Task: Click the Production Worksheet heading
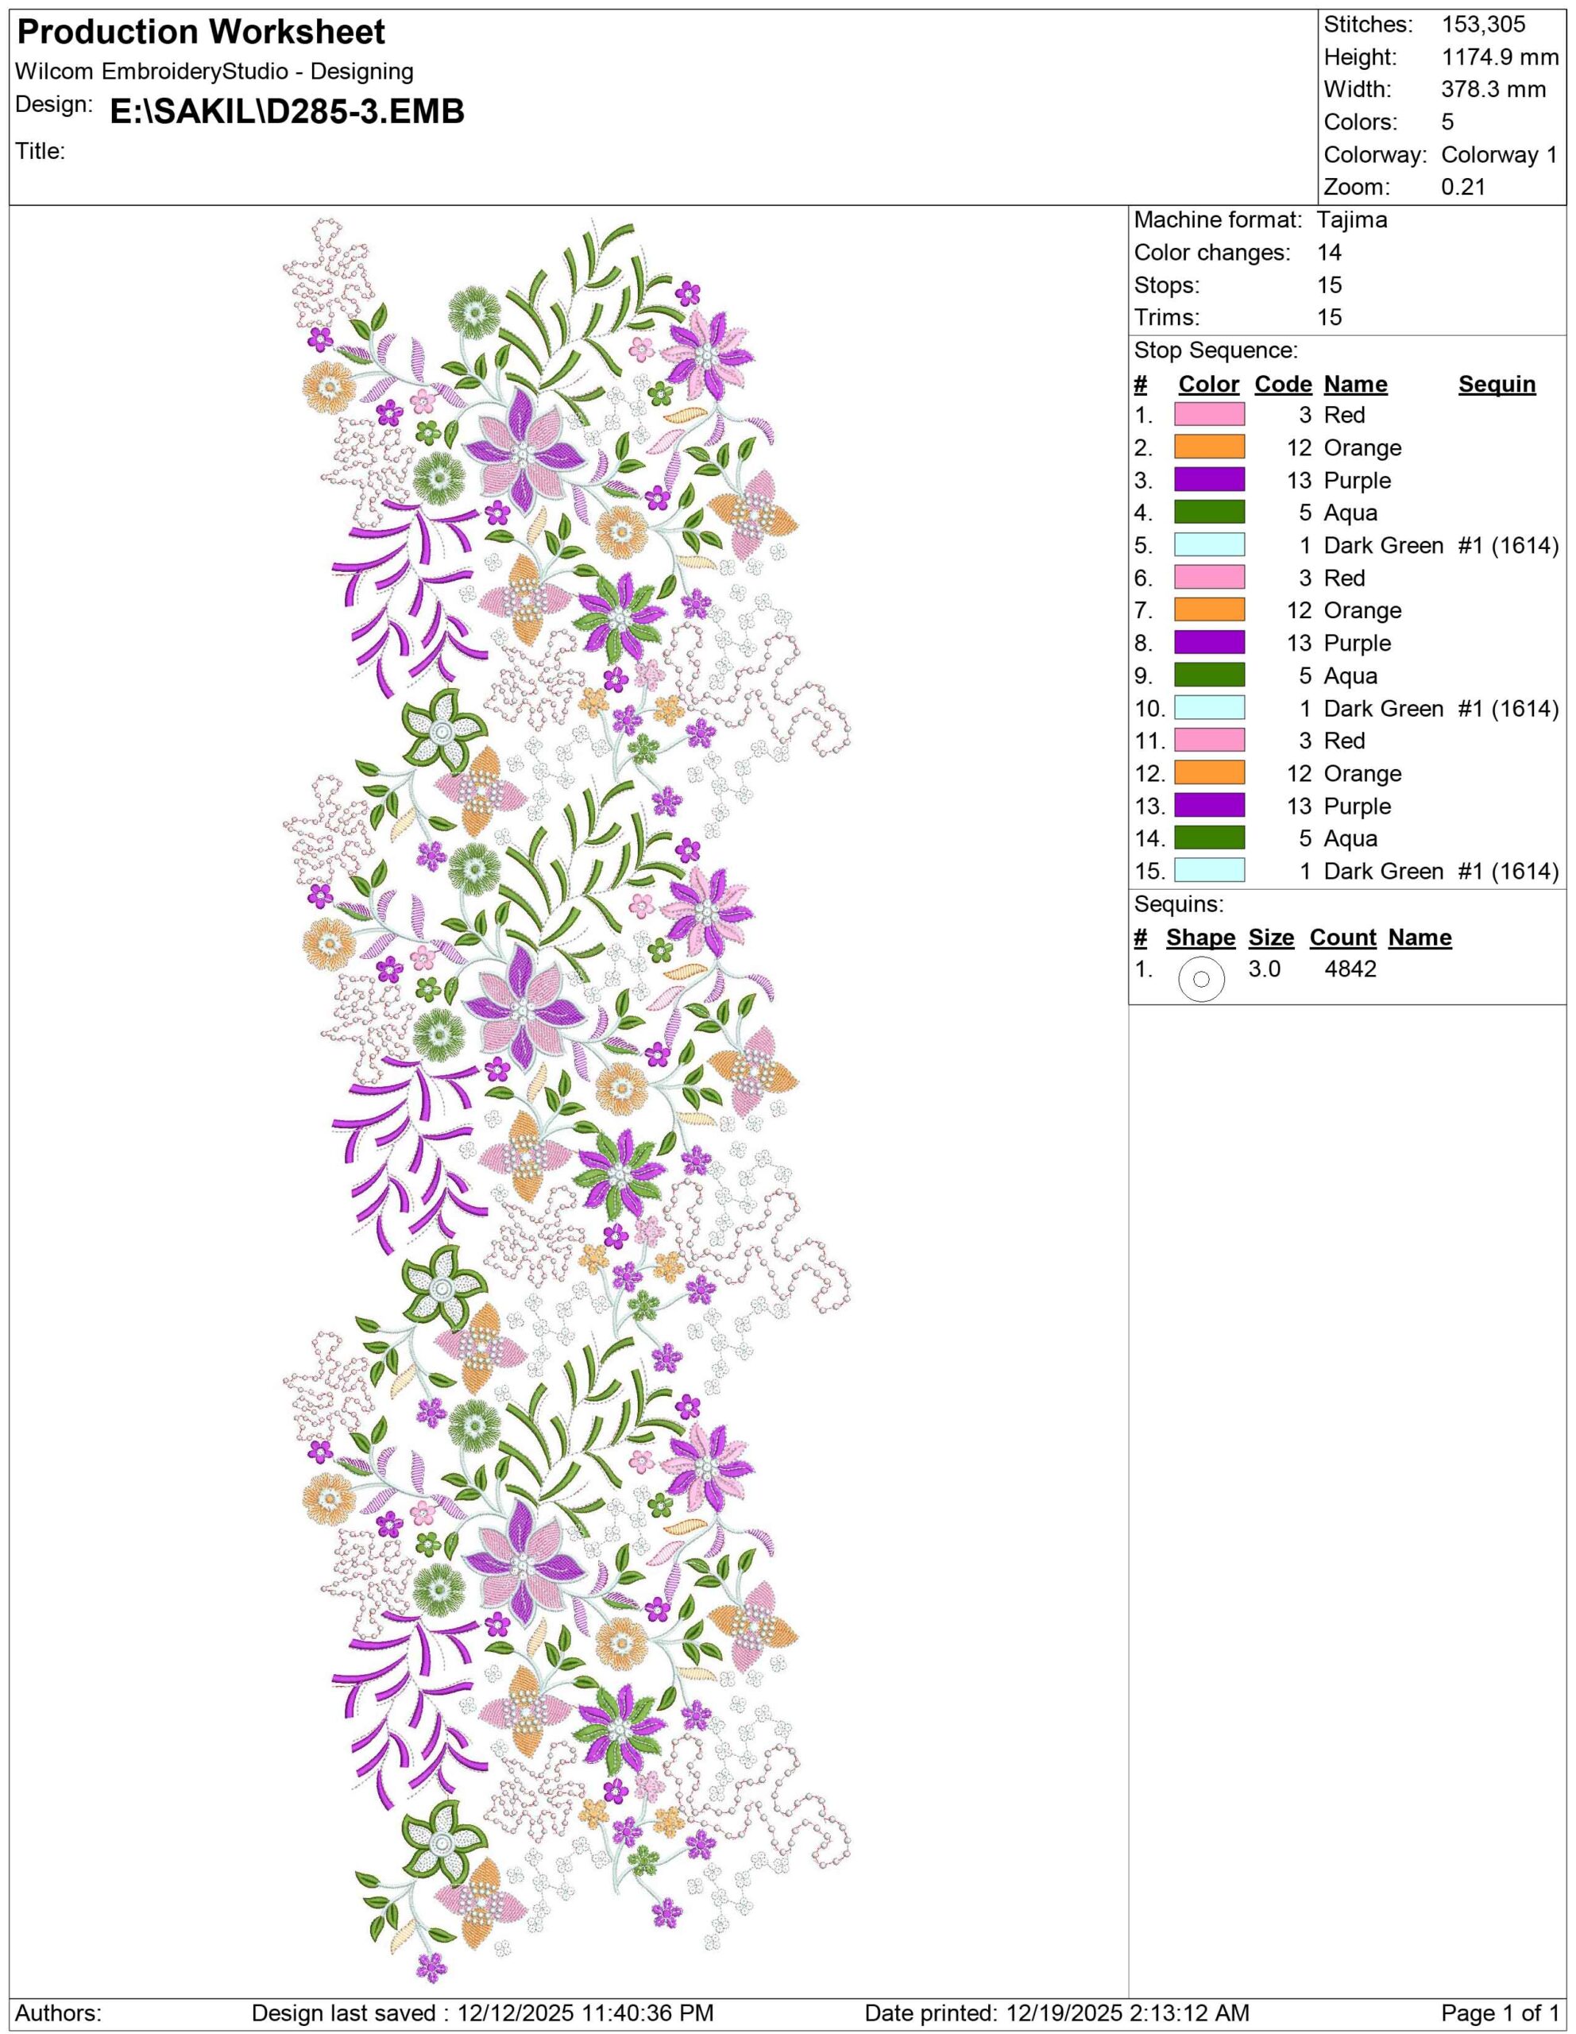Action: (201, 33)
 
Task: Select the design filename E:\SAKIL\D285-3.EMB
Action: (287, 113)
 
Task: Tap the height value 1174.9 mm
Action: (1500, 58)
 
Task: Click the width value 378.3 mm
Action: (1493, 91)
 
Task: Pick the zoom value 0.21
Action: (1463, 188)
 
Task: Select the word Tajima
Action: (1352, 221)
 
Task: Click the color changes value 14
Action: (1329, 253)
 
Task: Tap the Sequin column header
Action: (1496, 385)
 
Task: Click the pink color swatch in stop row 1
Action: (1209, 416)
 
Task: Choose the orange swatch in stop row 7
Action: (1209, 611)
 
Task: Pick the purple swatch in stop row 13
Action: (1209, 806)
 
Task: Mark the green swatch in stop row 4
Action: (1209, 513)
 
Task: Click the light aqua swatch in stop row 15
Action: (1209, 872)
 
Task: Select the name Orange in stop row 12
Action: (1362, 774)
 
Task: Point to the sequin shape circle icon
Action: (1201, 980)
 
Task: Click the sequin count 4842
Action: (1350, 969)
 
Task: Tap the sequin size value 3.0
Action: (1264, 969)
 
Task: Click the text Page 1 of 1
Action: (1500, 2013)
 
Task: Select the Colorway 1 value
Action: (1499, 156)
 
